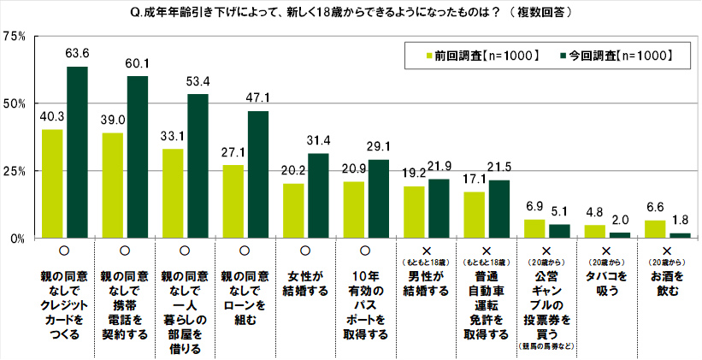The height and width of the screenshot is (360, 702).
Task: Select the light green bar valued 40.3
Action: point(52,183)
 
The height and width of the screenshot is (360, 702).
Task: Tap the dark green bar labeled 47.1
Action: point(257,174)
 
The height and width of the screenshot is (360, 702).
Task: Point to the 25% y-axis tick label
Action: point(15,171)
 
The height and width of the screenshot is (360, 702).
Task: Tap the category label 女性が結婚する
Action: point(306,284)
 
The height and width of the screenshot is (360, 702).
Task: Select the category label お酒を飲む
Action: point(667,284)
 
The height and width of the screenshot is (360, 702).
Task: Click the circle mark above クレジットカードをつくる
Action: point(65,250)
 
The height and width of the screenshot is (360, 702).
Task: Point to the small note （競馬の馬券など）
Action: point(546,347)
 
